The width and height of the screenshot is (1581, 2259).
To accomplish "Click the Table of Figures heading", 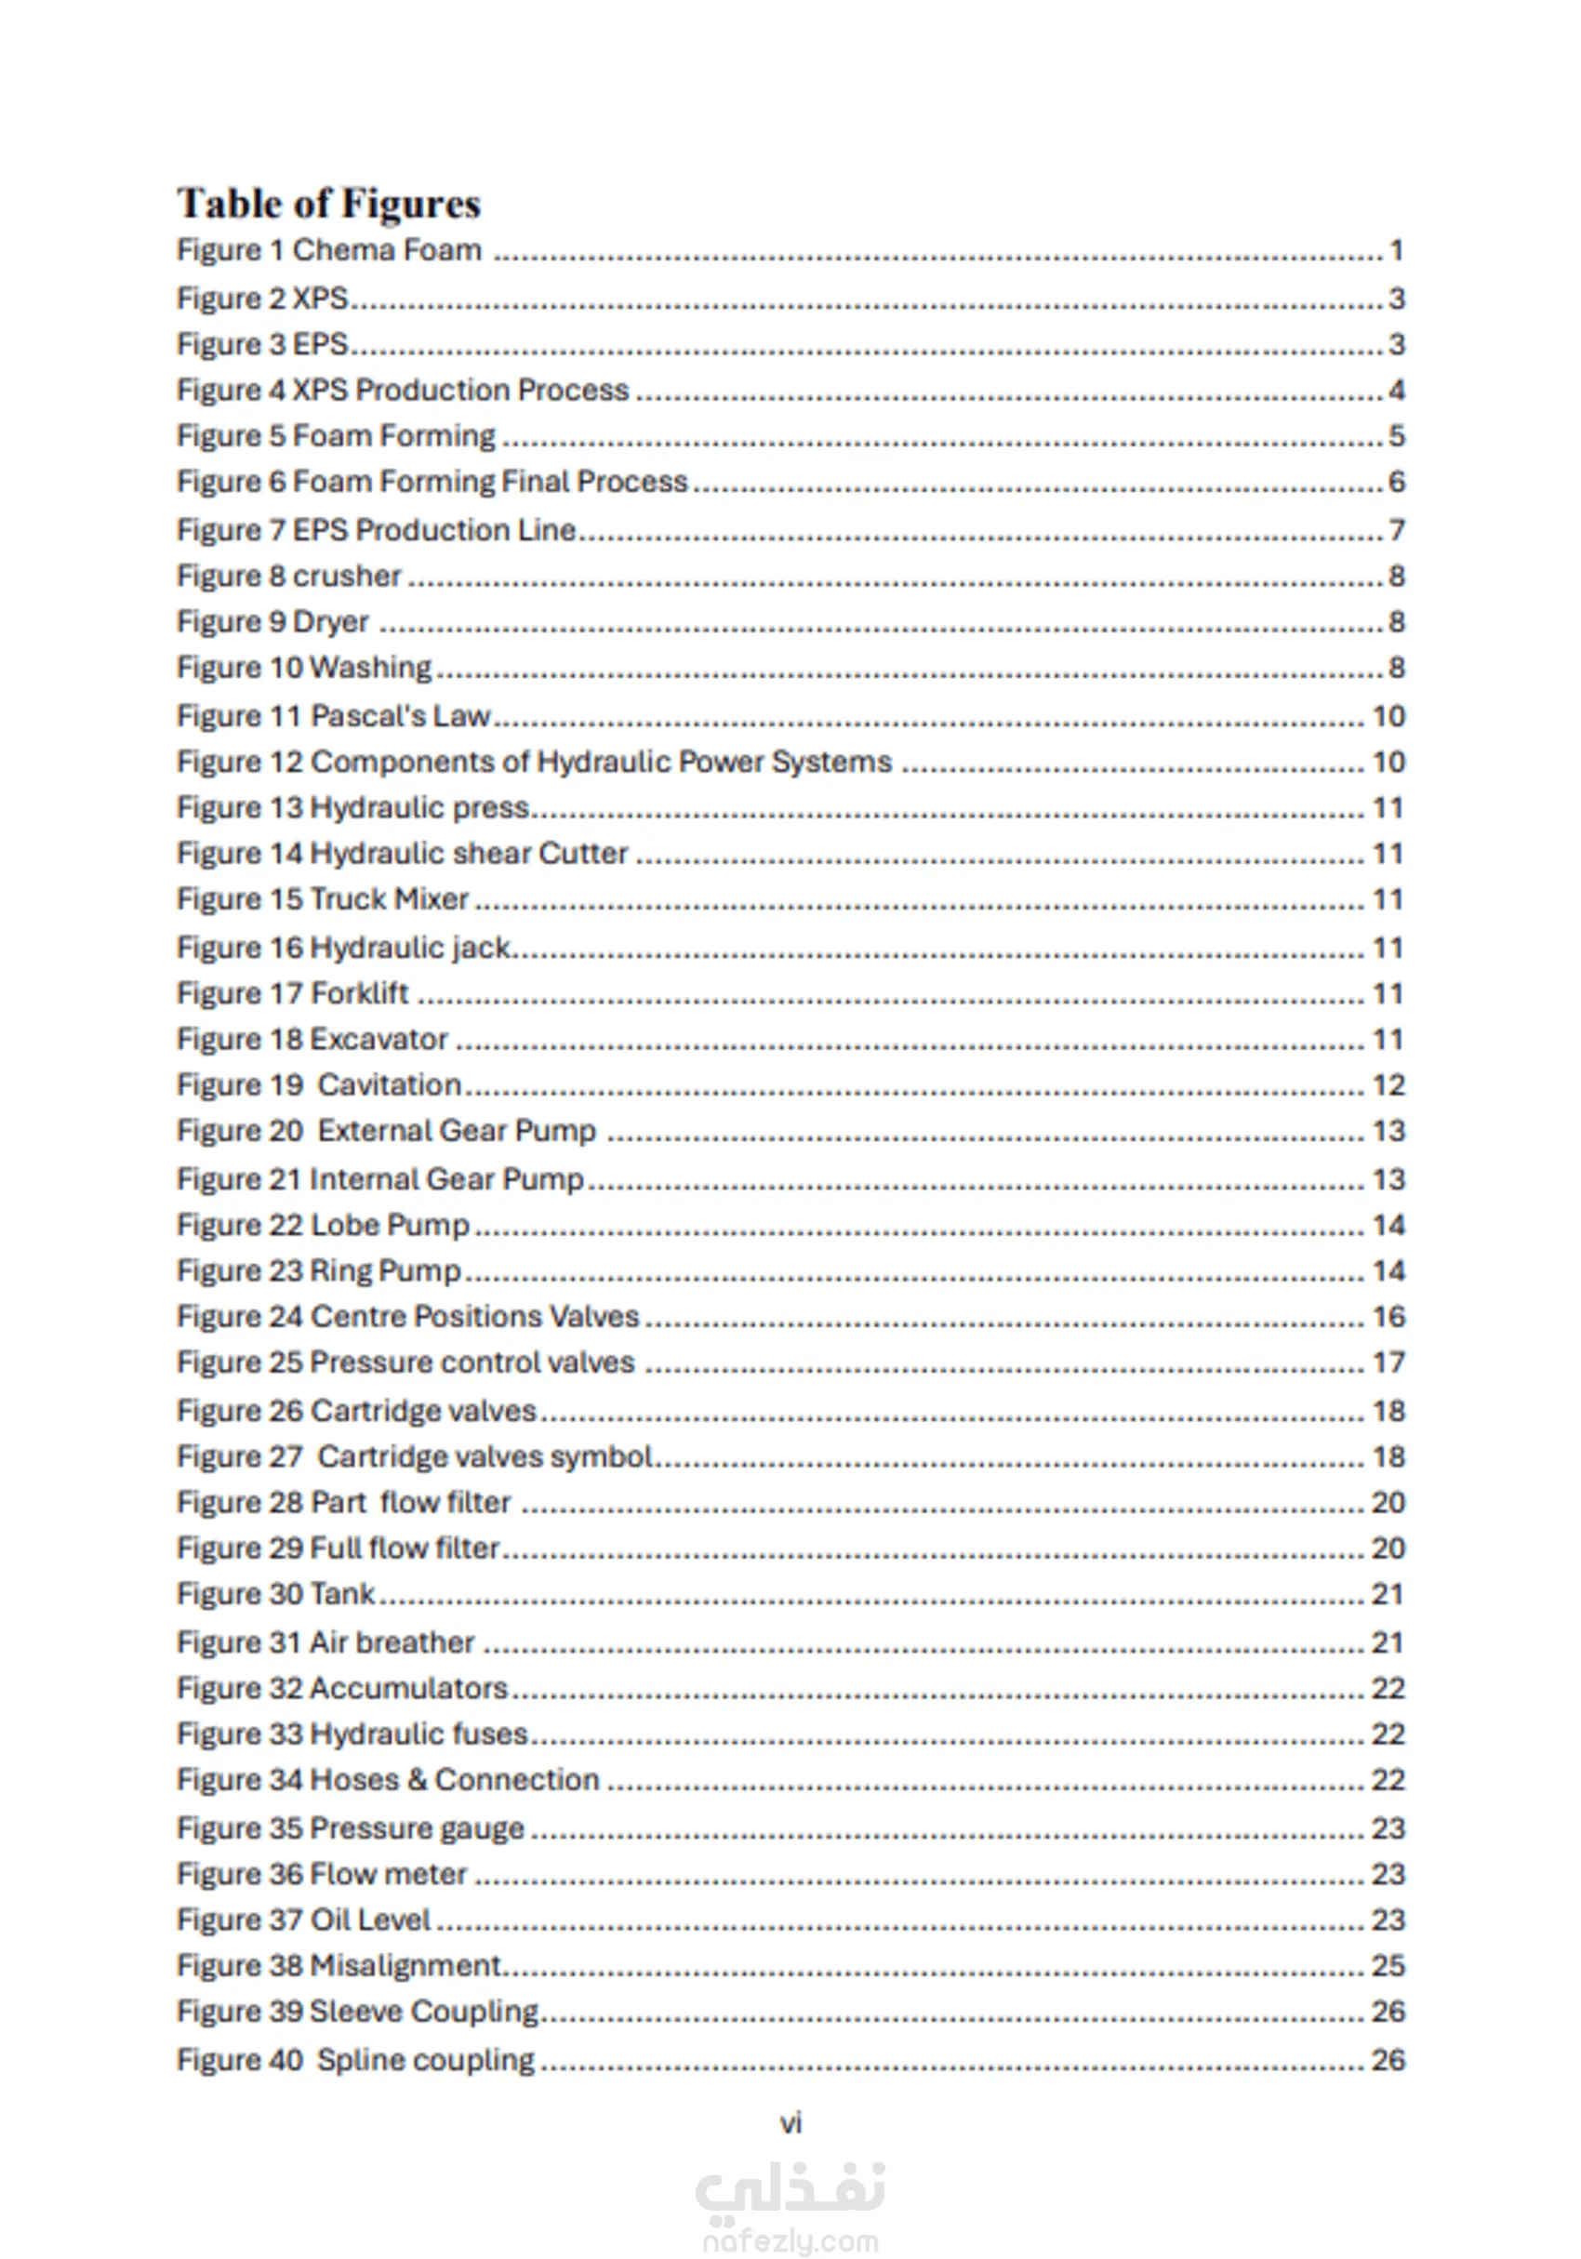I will click(328, 204).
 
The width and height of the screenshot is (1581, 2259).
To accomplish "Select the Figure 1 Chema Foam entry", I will click(329, 251).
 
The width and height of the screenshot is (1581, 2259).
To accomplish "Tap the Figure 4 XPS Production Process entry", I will click(403, 391).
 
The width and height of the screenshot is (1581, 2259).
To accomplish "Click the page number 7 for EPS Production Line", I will click(1396, 530).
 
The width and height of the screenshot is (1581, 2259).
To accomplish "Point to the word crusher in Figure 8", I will click(347, 576).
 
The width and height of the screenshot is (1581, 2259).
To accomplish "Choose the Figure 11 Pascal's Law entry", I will click(334, 716).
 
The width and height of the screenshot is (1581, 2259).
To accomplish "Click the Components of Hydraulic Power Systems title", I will click(601, 762).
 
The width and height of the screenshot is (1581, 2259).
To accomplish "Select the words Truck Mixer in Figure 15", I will click(390, 899).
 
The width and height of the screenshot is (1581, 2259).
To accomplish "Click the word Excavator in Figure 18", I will click(379, 1039).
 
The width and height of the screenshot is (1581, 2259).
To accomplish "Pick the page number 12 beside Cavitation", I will click(1388, 1085).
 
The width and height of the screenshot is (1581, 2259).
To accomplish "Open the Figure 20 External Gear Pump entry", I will click(387, 1131).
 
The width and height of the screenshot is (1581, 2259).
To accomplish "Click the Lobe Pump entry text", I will click(390, 1225).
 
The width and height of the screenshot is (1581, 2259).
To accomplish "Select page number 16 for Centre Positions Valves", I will click(1388, 1317).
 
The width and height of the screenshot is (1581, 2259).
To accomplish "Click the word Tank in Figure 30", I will click(341, 1594).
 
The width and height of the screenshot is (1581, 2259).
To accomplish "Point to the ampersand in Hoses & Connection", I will click(418, 1780).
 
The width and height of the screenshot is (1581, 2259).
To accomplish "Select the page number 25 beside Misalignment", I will click(1388, 1965).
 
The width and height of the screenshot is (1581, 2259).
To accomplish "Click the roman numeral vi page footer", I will click(791, 2123).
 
